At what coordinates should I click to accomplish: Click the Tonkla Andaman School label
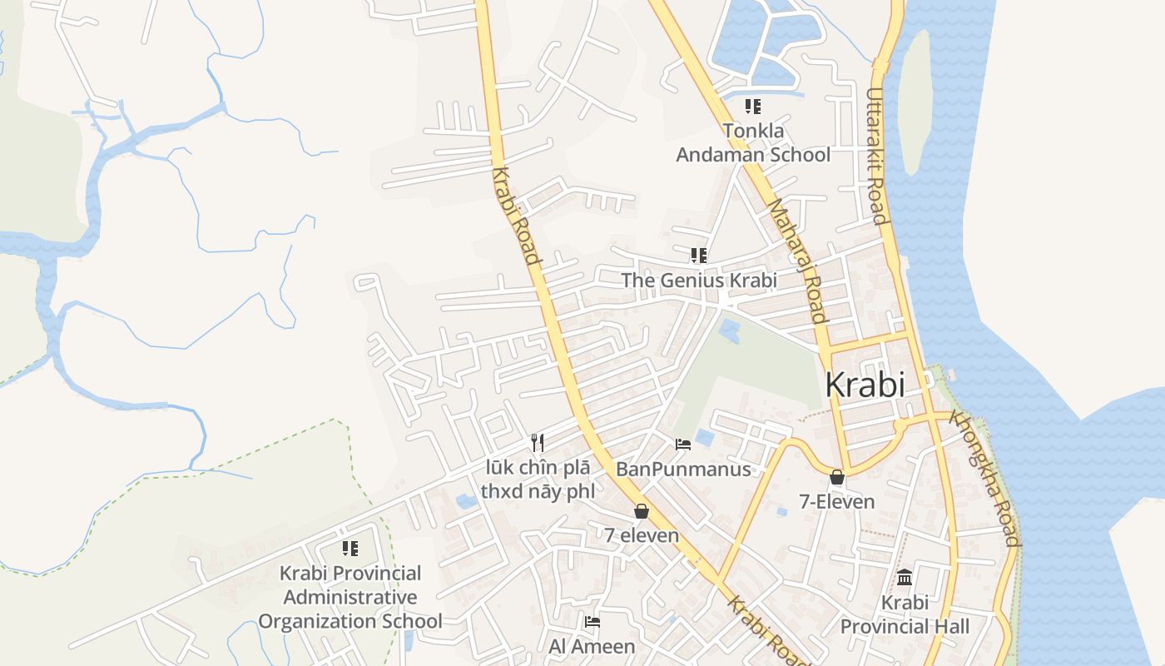pyautogui.click(x=752, y=142)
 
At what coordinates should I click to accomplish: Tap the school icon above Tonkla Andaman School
pyautogui.click(x=753, y=107)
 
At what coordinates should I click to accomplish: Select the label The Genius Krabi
pyautogui.click(x=699, y=281)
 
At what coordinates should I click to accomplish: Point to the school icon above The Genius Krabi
pyautogui.click(x=699, y=255)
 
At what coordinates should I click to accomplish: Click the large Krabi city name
pyautogui.click(x=865, y=385)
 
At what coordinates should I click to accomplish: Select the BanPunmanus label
pyautogui.click(x=683, y=470)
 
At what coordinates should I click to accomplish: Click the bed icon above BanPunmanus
pyautogui.click(x=683, y=445)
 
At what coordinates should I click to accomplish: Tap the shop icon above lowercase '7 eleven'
pyautogui.click(x=642, y=511)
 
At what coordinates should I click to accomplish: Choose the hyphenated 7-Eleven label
pyautogui.click(x=837, y=501)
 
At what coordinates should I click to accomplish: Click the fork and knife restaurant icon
pyautogui.click(x=538, y=443)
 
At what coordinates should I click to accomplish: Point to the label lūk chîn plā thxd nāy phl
pyautogui.click(x=538, y=480)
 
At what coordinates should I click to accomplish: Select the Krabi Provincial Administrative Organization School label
pyautogui.click(x=350, y=597)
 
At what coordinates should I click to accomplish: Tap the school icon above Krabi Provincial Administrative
pyautogui.click(x=350, y=548)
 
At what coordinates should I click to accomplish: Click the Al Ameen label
pyautogui.click(x=592, y=646)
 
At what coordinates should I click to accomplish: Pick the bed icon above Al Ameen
pyautogui.click(x=592, y=621)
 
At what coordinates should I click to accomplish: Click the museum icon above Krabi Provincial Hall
pyautogui.click(x=905, y=577)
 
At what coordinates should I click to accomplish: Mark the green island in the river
pyautogui.click(x=915, y=100)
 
